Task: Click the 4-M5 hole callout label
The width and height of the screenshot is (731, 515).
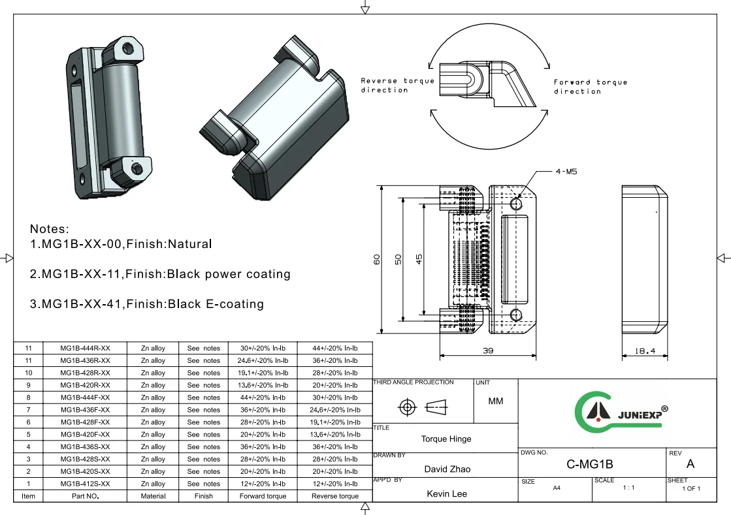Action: coord(566,171)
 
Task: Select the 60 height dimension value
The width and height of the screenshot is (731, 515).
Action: coord(376,259)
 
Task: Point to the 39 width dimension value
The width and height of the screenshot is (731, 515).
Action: coord(488,351)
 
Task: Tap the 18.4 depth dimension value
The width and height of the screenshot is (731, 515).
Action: coord(645,351)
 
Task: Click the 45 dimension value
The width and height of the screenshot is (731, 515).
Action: coord(419,259)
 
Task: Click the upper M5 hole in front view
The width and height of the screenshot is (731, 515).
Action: coord(516,204)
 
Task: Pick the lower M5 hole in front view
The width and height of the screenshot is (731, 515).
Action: coord(516,315)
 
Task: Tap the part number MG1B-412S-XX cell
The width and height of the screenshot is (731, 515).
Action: coord(85,484)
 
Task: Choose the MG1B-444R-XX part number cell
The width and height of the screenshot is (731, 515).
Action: coord(85,348)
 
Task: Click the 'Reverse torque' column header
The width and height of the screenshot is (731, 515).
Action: coord(334,496)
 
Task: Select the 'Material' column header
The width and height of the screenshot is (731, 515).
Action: coord(153,496)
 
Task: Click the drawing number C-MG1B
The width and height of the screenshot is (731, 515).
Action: coord(589,465)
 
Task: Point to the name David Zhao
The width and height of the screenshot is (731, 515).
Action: coord(447,469)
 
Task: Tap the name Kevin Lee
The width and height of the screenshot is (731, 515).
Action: coord(447,493)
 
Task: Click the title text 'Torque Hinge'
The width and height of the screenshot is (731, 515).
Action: coord(446,439)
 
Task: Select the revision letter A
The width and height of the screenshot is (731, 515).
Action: coord(690,464)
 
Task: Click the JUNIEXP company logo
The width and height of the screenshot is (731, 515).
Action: coord(621,413)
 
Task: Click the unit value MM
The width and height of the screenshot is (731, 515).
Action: coord(496,401)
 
